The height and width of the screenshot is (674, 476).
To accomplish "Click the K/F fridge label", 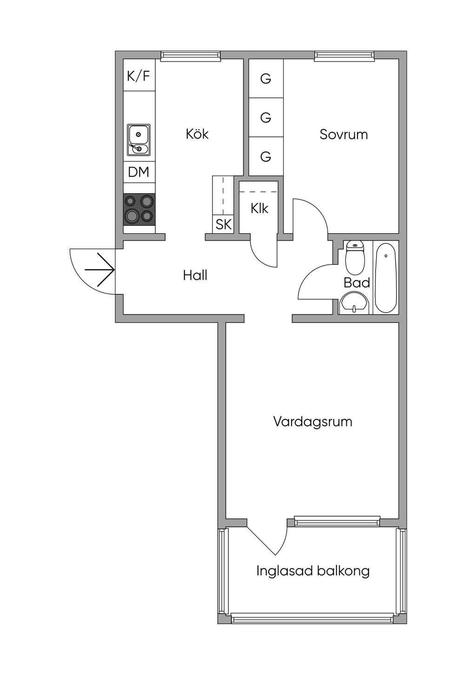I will click(x=139, y=75).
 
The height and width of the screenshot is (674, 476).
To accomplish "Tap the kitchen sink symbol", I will click(x=139, y=140).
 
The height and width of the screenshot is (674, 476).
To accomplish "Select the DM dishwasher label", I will click(x=139, y=172).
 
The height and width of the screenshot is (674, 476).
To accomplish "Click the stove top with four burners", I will click(x=139, y=209).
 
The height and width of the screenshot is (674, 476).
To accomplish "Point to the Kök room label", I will click(x=197, y=134).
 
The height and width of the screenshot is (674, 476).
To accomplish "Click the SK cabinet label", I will click(x=224, y=224).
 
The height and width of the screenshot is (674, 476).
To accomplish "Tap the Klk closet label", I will click(x=259, y=208).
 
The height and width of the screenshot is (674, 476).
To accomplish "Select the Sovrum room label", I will click(x=344, y=135).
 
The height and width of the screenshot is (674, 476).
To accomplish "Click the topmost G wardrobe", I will click(x=266, y=79).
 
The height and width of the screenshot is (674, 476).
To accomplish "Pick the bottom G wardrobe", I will click(x=266, y=156).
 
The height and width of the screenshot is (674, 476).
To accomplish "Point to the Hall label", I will click(x=195, y=275).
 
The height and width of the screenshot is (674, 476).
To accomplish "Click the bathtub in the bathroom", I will click(x=385, y=277).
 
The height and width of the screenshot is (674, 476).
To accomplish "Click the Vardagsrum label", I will click(x=312, y=422).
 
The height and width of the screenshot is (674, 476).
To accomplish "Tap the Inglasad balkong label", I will click(x=313, y=571).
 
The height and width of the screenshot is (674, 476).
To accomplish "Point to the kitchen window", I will click(x=191, y=56).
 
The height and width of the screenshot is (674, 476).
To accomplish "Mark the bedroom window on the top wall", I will click(x=344, y=56).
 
